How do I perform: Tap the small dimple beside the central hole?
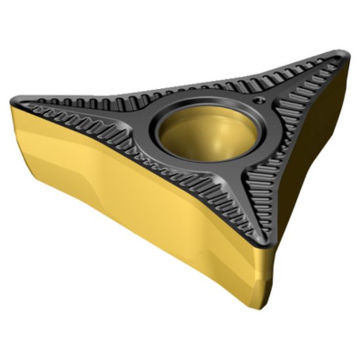pos(259,100)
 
